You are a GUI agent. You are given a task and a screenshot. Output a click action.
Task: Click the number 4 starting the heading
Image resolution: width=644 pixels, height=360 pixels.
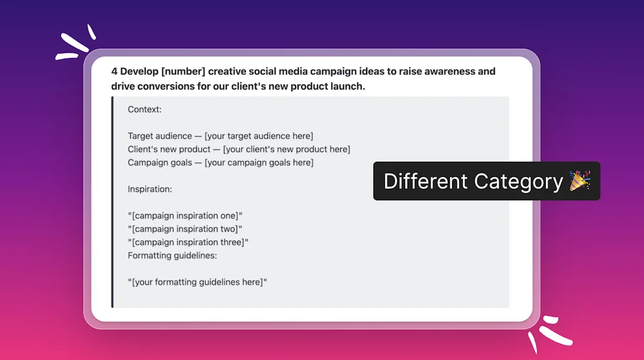(x=114, y=72)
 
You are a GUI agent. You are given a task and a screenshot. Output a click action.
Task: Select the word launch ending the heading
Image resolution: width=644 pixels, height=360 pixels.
(x=347, y=86)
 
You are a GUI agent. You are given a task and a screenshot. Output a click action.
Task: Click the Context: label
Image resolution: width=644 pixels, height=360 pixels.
(x=145, y=110)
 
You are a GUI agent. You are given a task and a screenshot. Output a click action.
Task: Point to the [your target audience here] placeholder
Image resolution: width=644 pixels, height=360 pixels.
(x=258, y=136)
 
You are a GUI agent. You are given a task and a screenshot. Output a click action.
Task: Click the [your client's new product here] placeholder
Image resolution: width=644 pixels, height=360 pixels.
(x=287, y=149)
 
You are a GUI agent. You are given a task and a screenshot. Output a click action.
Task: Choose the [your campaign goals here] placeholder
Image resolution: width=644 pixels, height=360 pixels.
(x=259, y=162)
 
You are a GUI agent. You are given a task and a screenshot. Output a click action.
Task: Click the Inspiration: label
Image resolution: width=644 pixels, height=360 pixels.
(x=150, y=189)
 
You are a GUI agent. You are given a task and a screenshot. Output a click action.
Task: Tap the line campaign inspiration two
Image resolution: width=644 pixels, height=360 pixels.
(x=185, y=229)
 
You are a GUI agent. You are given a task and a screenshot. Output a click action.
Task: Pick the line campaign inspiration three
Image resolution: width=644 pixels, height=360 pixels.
(x=188, y=242)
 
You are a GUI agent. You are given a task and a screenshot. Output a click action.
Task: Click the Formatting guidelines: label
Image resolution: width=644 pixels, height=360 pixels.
(x=172, y=256)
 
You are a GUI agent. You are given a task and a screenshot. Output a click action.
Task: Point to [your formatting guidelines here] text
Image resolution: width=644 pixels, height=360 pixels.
(x=197, y=282)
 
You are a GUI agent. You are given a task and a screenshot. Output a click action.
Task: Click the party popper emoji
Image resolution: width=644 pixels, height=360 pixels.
(x=579, y=181)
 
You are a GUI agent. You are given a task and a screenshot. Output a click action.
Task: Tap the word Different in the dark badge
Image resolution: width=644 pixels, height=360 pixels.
(x=426, y=181)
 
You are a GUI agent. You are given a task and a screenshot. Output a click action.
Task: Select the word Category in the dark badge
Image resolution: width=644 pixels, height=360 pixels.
(x=518, y=182)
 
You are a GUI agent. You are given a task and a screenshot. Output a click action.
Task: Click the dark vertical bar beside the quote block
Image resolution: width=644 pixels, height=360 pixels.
(x=113, y=202)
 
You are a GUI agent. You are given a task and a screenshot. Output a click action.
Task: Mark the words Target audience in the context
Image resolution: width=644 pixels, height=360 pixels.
(x=160, y=136)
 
